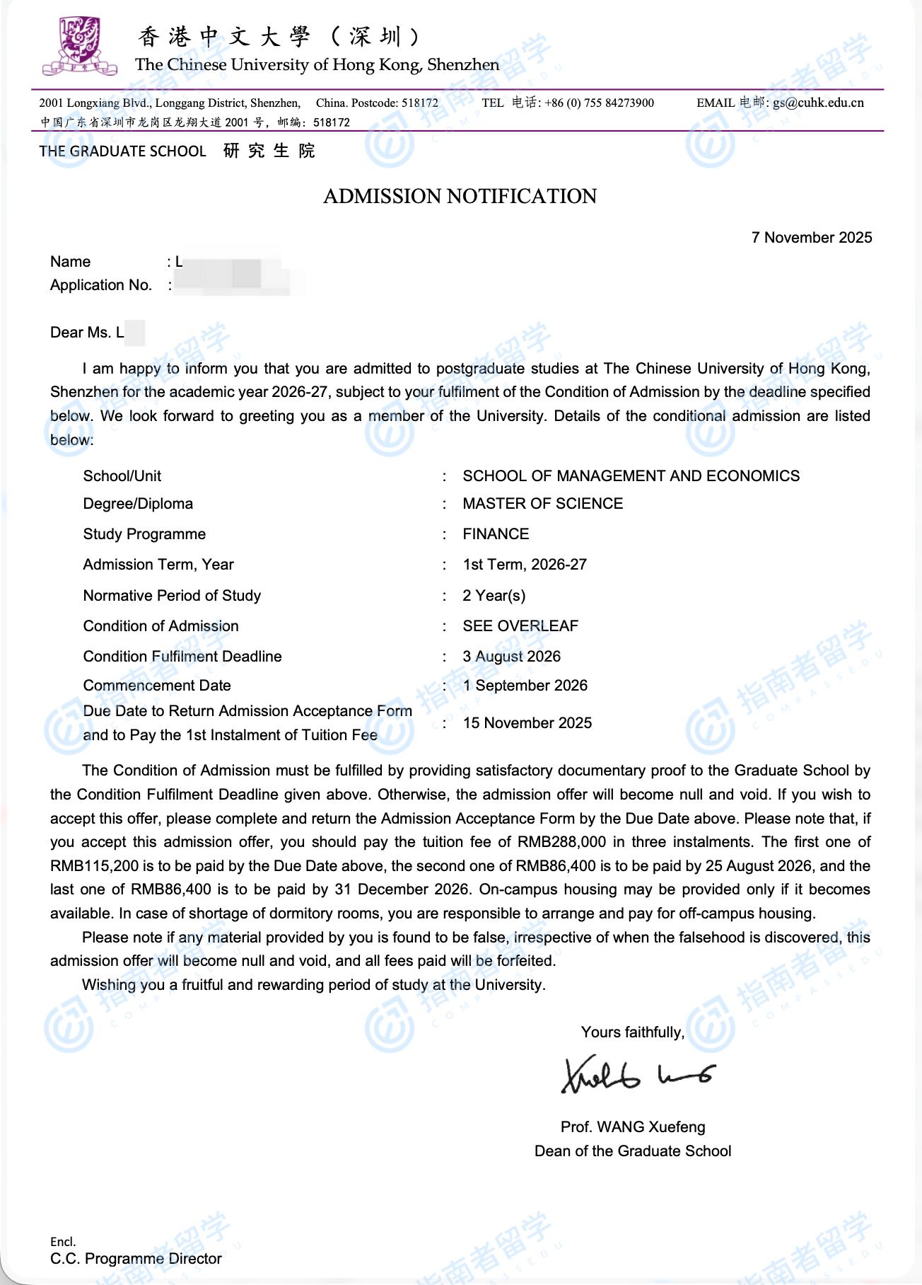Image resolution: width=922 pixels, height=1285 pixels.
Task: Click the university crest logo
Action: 79,46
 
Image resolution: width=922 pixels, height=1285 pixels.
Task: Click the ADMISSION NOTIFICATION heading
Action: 460,196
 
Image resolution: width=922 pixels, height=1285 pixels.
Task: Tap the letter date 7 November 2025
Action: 811,238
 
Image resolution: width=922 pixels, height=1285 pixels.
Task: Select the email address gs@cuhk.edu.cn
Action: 818,103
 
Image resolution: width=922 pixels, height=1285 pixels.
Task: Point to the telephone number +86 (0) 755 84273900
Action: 599,103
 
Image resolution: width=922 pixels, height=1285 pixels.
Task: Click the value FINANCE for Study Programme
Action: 496,534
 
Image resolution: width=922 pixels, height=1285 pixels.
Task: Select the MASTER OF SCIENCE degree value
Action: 542,504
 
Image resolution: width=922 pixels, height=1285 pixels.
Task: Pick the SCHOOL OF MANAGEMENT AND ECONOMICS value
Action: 631,476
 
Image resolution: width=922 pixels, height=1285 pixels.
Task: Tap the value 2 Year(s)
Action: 494,596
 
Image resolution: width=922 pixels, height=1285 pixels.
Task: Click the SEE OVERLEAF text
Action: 520,626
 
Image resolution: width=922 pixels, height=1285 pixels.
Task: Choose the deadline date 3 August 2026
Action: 511,657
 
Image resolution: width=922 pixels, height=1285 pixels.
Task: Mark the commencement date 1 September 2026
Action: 525,686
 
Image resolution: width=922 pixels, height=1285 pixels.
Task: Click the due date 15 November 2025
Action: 527,723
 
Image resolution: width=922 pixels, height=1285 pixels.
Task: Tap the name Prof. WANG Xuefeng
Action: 633,1127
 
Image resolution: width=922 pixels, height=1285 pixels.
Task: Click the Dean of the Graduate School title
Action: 633,1151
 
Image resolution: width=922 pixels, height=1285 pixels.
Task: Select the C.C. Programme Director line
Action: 136,1259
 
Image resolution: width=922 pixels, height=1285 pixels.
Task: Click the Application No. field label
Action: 101,285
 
